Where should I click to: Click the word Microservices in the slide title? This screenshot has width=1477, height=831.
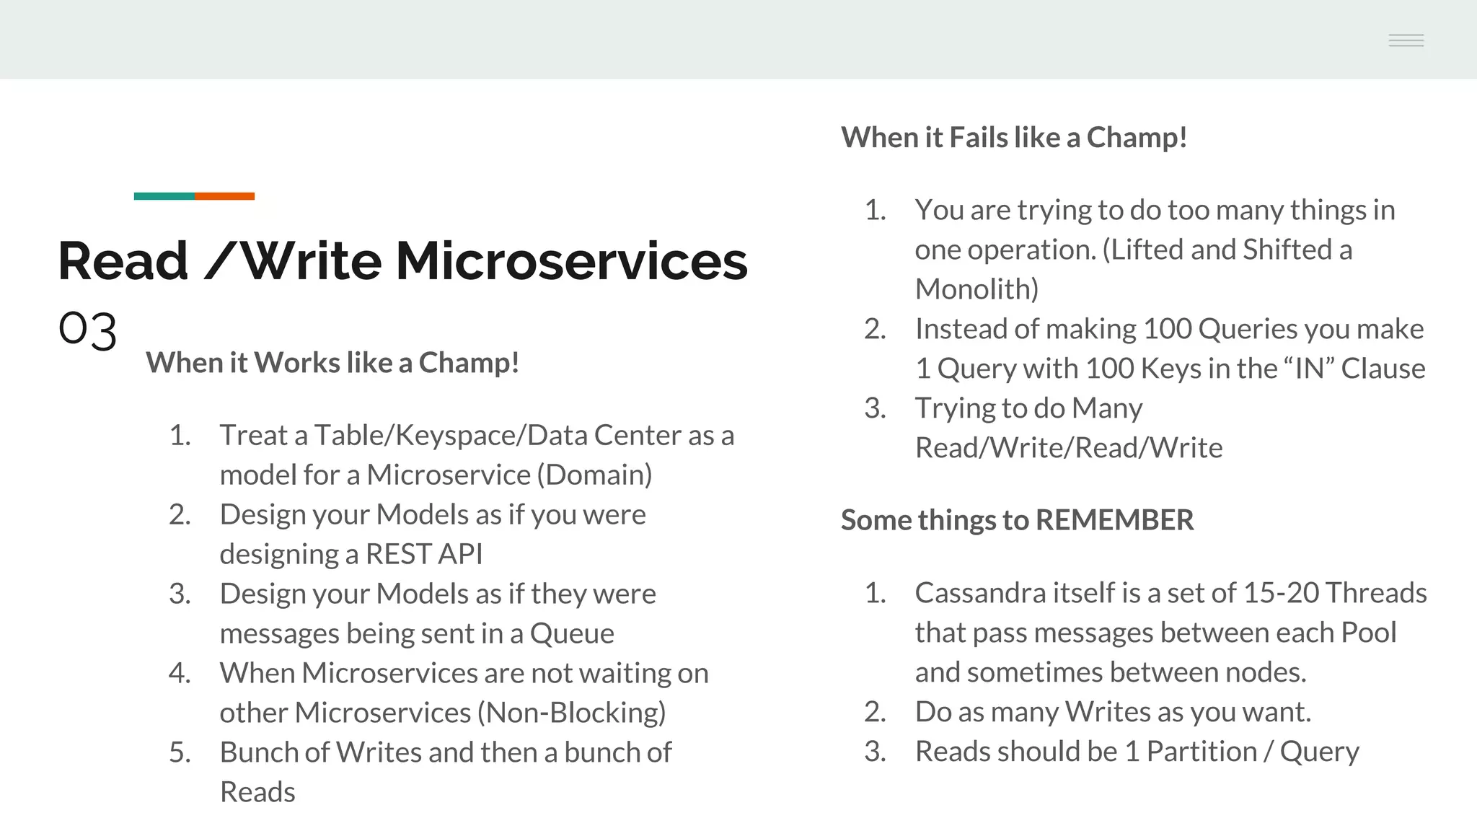571,261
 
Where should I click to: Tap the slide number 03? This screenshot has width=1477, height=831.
87,331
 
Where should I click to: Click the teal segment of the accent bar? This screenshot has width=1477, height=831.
164,196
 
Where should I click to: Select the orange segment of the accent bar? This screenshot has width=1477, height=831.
224,196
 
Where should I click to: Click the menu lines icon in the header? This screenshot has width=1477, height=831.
1406,40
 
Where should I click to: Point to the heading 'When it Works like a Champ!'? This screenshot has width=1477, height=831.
332,363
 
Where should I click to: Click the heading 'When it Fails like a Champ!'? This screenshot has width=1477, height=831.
1014,138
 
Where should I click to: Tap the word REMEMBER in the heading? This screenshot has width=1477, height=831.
1114,520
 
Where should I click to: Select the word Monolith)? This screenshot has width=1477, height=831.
976,289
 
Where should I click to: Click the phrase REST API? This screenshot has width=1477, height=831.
423,554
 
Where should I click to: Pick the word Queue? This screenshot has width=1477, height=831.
572,633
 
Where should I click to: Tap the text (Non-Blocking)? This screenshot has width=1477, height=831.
571,713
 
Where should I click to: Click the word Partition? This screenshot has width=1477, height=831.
1202,752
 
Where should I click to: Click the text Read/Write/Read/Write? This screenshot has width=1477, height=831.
1068,448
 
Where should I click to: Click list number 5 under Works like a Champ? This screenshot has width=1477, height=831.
180,752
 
